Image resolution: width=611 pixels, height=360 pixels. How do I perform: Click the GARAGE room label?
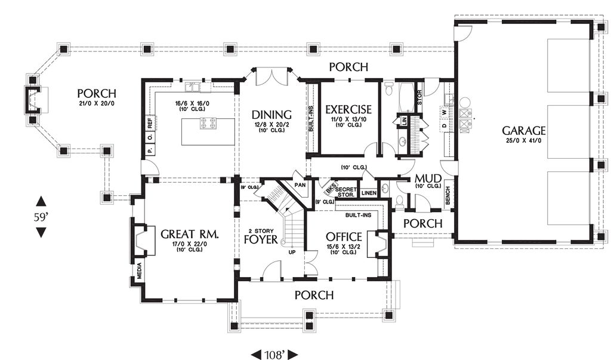coord(523,130)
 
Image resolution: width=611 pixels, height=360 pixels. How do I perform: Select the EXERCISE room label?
coord(348,109)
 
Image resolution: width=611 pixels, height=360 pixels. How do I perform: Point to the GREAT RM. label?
coord(189,235)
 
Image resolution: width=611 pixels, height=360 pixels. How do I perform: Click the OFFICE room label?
coord(344,236)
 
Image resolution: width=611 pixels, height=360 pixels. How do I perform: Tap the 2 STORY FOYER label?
coord(261,236)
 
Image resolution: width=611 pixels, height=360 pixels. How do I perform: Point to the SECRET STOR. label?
coord(346,192)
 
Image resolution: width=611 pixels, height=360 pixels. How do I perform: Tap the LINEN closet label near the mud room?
coord(369,193)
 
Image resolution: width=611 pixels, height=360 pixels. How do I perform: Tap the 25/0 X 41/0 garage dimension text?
coord(523,141)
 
